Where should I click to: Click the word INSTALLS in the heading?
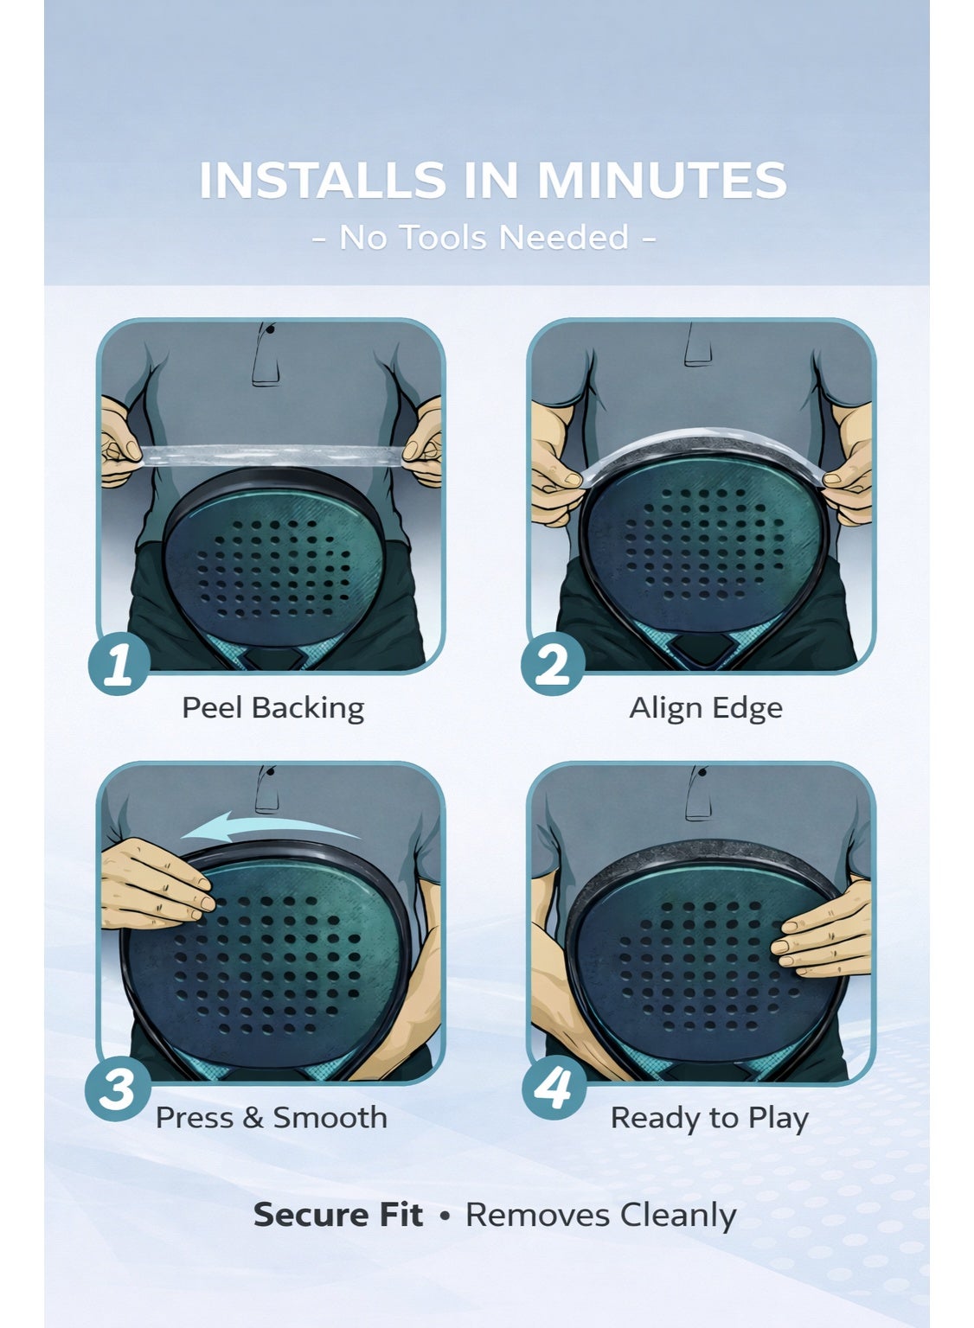[x=322, y=180]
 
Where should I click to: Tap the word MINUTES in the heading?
[x=662, y=180]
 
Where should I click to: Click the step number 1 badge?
[x=119, y=663]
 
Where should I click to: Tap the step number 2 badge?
[x=552, y=663]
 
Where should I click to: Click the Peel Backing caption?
[x=272, y=708]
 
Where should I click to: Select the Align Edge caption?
[x=705, y=708]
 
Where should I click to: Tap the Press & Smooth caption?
[x=271, y=1118]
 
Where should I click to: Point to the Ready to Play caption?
[x=709, y=1119]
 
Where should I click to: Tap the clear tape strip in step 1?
[x=272, y=456]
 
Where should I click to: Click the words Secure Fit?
[x=338, y=1215]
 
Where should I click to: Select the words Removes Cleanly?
[x=601, y=1216]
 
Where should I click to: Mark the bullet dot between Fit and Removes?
[x=445, y=1216]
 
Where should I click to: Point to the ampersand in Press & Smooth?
[x=253, y=1118]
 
